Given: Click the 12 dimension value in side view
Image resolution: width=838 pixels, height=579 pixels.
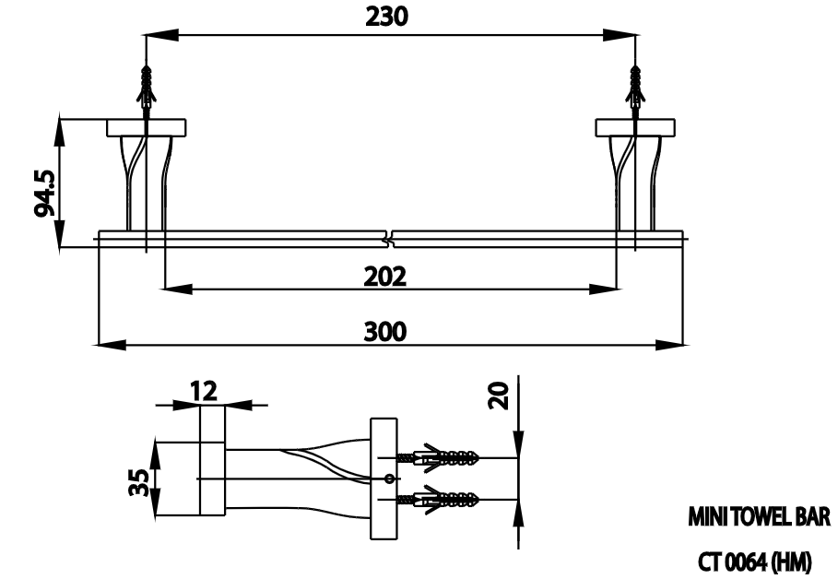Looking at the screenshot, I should tap(204, 390).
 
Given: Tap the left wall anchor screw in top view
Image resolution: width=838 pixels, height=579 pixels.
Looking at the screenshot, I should tap(145, 89).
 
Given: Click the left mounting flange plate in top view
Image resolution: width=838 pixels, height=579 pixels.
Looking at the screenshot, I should tap(146, 127).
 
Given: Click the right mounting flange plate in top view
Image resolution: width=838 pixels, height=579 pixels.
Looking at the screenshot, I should tap(634, 127).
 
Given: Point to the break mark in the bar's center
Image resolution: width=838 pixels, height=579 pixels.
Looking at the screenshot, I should tap(390, 239).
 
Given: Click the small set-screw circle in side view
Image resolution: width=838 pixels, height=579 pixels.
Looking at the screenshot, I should tap(388, 479).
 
